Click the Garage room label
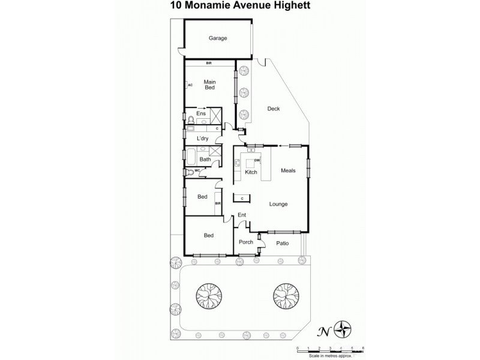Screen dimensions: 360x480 point(218,38)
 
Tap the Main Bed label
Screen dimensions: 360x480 point(209,85)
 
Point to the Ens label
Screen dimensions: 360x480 point(201,114)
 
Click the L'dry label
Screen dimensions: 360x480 point(202,139)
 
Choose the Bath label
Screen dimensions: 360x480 point(205,159)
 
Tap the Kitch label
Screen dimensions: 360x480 point(251,173)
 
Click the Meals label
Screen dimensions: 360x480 point(289,170)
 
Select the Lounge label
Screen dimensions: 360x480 point(278,204)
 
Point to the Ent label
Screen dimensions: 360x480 point(242,215)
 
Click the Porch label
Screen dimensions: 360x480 point(246,242)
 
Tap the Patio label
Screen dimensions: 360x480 point(283,243)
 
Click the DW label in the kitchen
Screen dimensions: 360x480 point(257,161)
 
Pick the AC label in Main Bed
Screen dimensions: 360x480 point(190,85)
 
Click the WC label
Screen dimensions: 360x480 point(196,171)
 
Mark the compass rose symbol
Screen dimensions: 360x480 point(343,328)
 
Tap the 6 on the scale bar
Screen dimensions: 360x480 point(363,349)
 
